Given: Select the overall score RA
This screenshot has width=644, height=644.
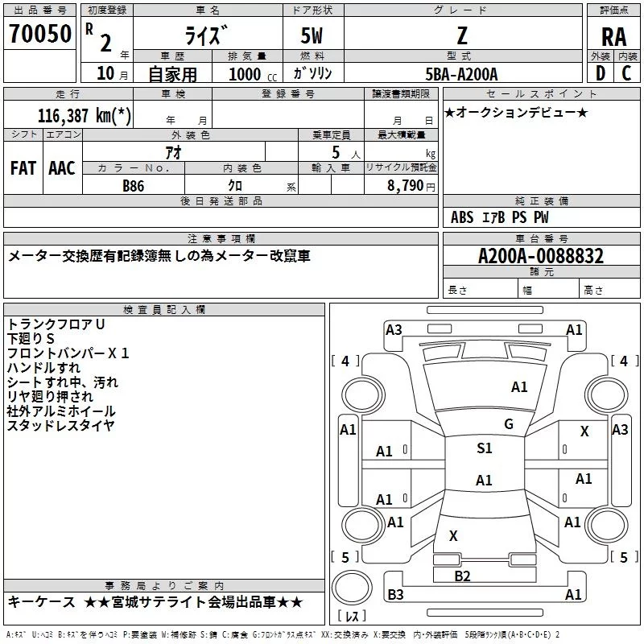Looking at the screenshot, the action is [613, 36].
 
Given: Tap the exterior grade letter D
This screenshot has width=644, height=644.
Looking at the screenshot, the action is [600, 72].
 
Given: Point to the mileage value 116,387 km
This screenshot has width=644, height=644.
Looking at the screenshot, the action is [85, 115].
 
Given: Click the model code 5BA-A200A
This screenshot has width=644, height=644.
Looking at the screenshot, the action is [462, 73].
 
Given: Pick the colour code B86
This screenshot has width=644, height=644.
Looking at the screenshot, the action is [134, 185].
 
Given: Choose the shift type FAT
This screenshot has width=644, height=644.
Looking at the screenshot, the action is [23, 167].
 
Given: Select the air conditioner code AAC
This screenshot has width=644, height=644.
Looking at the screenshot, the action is [62, 167].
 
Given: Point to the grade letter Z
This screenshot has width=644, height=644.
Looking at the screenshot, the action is [461, 36].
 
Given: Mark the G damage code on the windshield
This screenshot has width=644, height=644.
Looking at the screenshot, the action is [509, 424].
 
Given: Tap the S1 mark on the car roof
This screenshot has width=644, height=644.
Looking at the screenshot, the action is [484, 448].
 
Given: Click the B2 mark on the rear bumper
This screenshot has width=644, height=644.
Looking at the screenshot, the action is [462, 576].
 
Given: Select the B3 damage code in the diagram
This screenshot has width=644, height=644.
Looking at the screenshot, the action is [395, 594].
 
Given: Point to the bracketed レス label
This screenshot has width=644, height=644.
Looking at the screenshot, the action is [352, 617].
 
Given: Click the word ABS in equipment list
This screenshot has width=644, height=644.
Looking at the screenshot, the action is [462, 217].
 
